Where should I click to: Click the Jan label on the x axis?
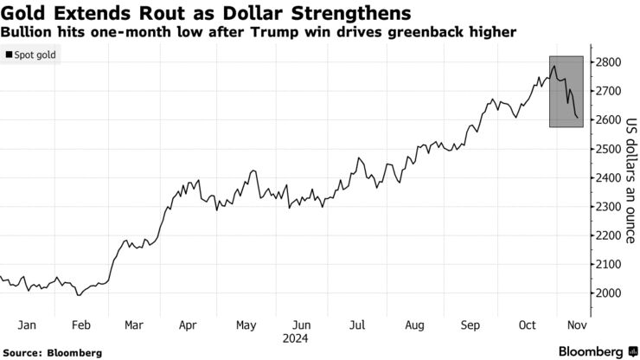point(27,325)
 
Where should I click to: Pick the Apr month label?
point(187,325)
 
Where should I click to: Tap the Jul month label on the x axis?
point(355,325)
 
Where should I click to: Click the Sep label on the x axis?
point(470,325)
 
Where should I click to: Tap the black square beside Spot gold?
point(10,55)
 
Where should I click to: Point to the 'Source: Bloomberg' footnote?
point(53,353)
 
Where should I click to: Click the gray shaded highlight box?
point(566,91)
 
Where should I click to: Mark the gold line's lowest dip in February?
point(78,296)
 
